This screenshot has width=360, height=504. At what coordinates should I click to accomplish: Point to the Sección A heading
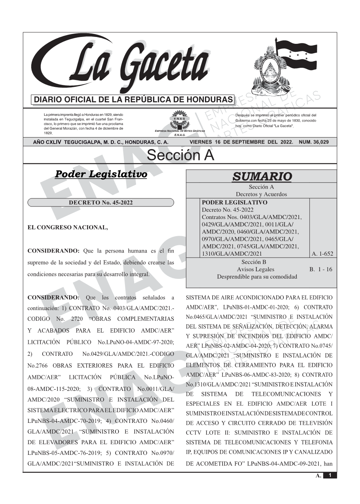[180, 155]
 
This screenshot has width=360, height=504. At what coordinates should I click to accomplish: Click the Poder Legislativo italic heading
[101, 174]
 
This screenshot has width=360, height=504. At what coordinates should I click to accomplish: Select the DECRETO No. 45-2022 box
[101, 203]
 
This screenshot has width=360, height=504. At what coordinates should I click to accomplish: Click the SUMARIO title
[262, 176]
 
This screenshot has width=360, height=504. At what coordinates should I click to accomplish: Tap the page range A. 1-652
[322, 254]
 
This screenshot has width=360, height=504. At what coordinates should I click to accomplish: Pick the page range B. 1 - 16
[320, 269]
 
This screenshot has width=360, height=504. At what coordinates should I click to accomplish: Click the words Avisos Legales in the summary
[255, 269]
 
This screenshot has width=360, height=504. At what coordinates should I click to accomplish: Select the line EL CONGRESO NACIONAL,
[68, 227]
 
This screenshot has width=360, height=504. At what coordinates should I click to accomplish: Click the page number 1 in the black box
[330, 475]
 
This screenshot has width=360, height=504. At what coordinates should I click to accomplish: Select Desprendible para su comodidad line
[257, 277]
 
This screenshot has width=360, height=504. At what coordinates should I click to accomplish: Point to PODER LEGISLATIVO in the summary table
[234, 203]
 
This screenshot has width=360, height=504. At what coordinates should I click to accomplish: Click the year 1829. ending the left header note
[48, 133]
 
